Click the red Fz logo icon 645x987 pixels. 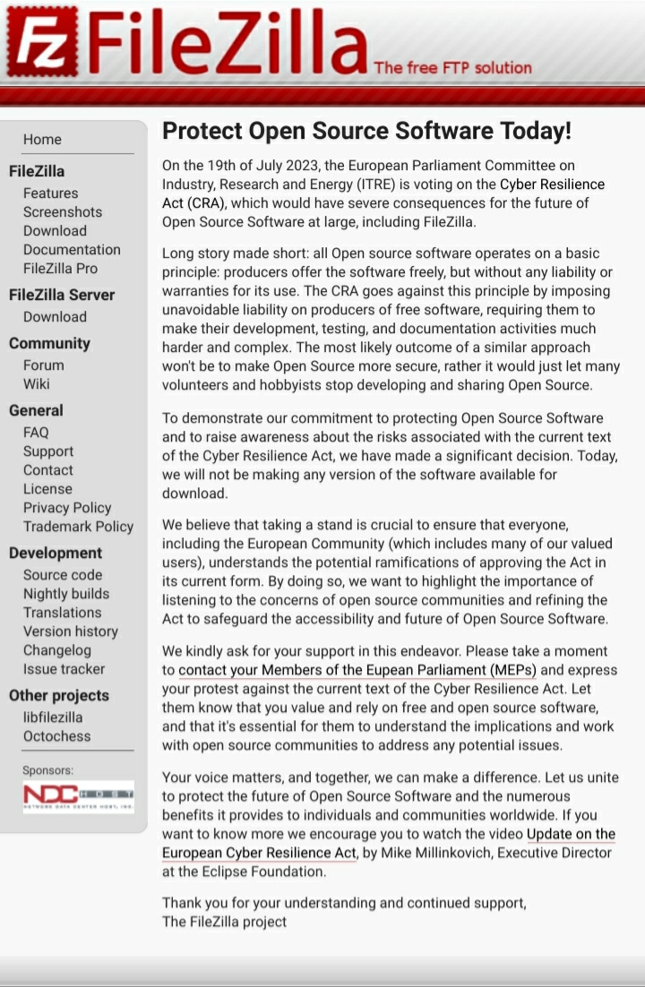pyautogui.click(x=41, y=42)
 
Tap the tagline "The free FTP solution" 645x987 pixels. pyautogui.click(x=452, y=67)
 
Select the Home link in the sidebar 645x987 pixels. pyautogui.click(x=42, y=140)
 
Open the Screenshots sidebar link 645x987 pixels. pyautogui.click(x=63, y=212)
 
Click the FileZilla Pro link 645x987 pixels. pyautogui.click(x=60, y=269)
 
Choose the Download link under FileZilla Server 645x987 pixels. pyautogui.click(x=55, y=317)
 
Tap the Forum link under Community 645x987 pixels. pyautogui.click(x=44, y=365)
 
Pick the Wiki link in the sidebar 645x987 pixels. pyautogui.click(x=37, y=384)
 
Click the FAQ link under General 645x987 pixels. pyautogui.click(x=36, y=433)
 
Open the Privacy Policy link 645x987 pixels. pyautogui.click(x=67, y=508)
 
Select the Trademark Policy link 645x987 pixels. pyautogui.click(x=78, y=527)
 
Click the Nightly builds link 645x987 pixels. pyautogui.click(x=66, y=594)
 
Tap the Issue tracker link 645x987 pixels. pyautogui.click(x=64, y=669)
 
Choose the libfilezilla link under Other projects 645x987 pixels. pyautogui.click(x=53, y=717)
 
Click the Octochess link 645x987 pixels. pyautogui.click(x=56, y=736)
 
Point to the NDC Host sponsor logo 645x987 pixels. pyautogui.click(x=78, y=796)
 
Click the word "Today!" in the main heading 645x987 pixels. pyautogui.click(x=537, y=132)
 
